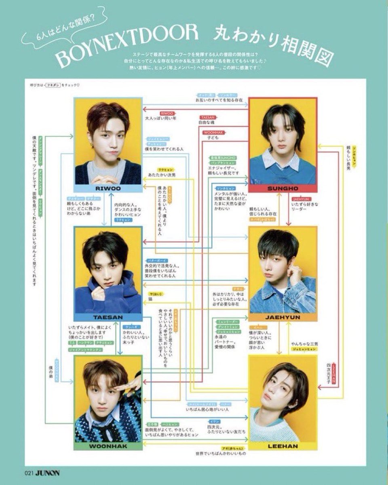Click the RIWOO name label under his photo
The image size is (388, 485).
tap(108, 188)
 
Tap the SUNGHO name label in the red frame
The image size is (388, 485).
tap(283, 188)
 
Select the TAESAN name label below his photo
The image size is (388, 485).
tap(108, 317)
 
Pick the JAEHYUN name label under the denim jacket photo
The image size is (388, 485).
tap(283, 317)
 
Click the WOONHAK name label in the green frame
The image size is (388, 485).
tap(108, 446)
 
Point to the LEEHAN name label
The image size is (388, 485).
tap(283, 446)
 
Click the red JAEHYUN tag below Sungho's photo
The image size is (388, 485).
tap(299, 199)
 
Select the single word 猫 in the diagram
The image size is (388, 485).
tap(150, 299)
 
